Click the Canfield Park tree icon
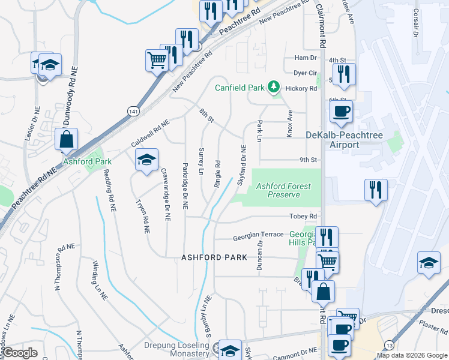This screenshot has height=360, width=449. pyautogui.click(x=274, y=88)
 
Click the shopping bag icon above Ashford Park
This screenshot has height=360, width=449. pyautogui.click(x=66, y=139)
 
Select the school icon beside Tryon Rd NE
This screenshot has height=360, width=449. pyautogui.click(x=146, y=160)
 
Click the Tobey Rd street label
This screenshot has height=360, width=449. pyautogui.click(x=304, y=217)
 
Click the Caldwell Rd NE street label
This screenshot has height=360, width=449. pyautogui.click(x=151, y=133)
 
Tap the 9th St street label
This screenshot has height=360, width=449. pyautogui.click(x=308, y=160)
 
